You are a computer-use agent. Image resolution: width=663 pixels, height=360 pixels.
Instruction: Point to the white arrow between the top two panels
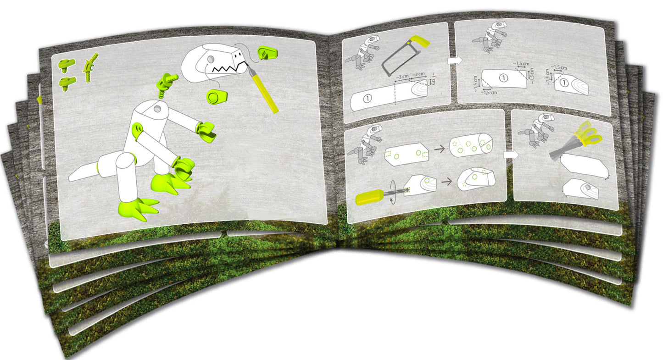pyautogui.click(x=453, y=61)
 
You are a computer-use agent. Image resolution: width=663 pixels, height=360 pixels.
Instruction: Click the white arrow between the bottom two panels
pyautogui.click(x=509, y=155)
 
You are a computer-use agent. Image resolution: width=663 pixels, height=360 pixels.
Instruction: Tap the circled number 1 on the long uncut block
pyautogui.click(x=368, y=98)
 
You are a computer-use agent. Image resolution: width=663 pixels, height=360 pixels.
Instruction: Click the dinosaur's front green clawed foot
pyautogui.click(x=138, y=209)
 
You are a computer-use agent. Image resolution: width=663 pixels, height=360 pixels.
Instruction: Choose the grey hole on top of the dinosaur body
pyautogui.click(x=157, y=109)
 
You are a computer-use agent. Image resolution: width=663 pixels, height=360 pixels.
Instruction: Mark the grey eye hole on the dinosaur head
pyautogui.click(x=210, y=60)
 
